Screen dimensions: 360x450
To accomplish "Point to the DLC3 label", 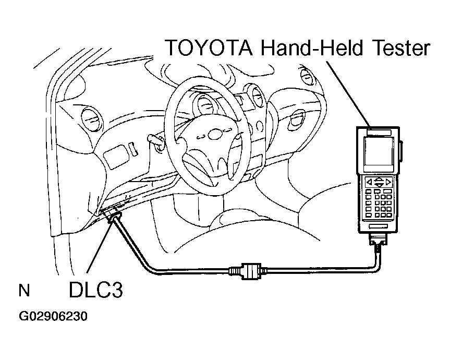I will click(x=95, y=290).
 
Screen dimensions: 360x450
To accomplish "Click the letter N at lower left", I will click(x=23, y=290).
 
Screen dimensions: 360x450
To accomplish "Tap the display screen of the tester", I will click(x=379, y=153).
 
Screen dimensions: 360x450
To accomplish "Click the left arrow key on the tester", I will click(x=369, y=182).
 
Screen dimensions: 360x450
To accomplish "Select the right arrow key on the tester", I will click(x=390, y=182).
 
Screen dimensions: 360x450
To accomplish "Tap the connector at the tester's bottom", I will click(x=379, y=242).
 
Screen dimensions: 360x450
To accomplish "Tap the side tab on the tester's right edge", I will click(x=402, y=151).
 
